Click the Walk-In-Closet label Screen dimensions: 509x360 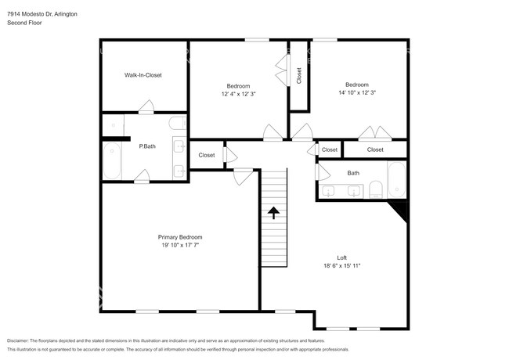pyautogui.click(x=143, y=75)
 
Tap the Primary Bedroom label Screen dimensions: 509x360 pyautogui.click(x=180, y=237)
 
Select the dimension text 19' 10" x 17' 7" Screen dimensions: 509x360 pyautogui.click(x=180, y=245)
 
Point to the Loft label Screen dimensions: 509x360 pyautogui.click(x=341, y=257)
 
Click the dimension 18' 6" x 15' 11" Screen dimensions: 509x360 pyautogui.click(x=342, y=265)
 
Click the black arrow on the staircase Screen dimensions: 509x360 pyautogui.click(x=273, y=213)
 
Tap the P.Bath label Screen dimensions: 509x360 pyautogui.click(x=147, y=146)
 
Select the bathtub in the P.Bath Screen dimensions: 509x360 pyautogui.click(x=112, y=160)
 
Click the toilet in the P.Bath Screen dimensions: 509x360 pyautogui.click(x=177, y=123)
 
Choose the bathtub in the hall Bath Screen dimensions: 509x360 pyautogui.click(x=397, y=180)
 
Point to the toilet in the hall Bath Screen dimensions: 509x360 pyautogui.click(x=376, y=189)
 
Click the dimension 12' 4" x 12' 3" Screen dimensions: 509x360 pyautogui.click(x=239, y=94)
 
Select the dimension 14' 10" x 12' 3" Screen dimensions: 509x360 pyautogui.click(x=357, y=92)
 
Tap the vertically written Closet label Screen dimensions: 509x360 pyautogui.click(x=299, y=76)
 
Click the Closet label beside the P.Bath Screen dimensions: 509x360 pyautogui.click(x=207, y=155)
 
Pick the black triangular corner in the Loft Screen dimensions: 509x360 pyautogui.click(x=400, y=209)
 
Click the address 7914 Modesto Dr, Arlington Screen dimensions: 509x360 pyautogui.click(x=42, y=14)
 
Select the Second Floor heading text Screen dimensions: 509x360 pyautogui.click(x=24, y=23)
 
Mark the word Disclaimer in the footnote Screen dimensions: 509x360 pyautogui.click(x=17, y=341)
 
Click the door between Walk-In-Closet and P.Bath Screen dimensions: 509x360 pyautogui.click(x=146, y=107)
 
